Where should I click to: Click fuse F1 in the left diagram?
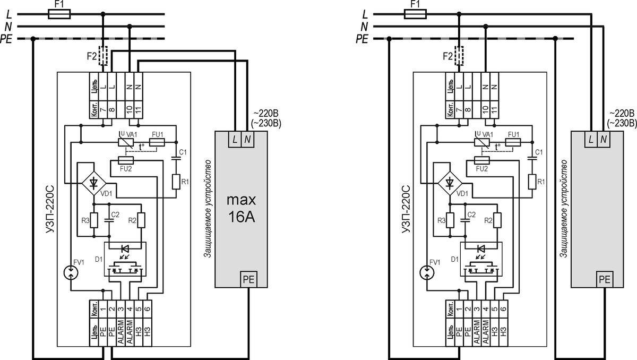click(59, 14)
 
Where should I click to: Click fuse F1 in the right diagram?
click(415, 14)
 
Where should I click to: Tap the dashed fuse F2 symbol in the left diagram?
click(103, 56)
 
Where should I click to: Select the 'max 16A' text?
click(241, 209)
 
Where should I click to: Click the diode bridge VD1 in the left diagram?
click(94, 183)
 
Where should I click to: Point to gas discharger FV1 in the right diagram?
click(427, 273)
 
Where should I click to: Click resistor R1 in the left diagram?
click(176, 182)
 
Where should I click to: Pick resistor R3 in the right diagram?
click(450, 220)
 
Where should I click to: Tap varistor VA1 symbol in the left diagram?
click(126, 142)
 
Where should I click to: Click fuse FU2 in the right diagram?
click(482, 160)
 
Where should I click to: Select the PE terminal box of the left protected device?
click(248, 279)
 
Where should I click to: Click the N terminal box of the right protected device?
click(604, 139)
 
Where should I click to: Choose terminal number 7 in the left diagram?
click(103, 109)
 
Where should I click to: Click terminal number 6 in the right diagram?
click(503, 309)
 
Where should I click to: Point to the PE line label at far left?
click(6, 39)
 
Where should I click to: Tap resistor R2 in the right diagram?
click(497, 220)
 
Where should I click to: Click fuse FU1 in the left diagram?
click(157, 142)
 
